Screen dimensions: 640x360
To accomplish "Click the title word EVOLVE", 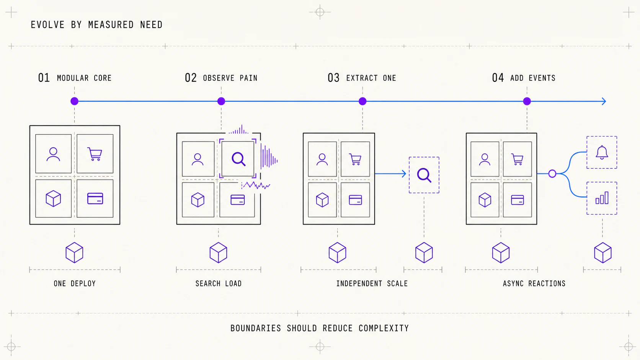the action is [x=47, y=25].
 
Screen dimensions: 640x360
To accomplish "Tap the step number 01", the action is [x=44, y=78].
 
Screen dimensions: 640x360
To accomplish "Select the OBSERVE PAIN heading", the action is [x=230, y=78].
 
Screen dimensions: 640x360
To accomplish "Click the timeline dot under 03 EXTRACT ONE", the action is [x=362, y=101].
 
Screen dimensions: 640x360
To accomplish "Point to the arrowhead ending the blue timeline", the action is [x=604, y=101].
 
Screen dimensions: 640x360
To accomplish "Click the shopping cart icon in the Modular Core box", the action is [x=95, y=154].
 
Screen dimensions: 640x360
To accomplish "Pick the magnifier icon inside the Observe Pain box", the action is [x=238, y=159].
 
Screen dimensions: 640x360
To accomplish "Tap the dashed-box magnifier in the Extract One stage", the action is [x=424, y=175].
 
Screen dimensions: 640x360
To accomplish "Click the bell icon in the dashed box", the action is [x=602, y=152].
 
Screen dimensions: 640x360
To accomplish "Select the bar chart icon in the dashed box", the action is [x=602, y=198].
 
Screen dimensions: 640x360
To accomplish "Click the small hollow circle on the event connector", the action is [x=552, y=174].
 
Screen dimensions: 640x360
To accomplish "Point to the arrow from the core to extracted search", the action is [x=390, y=174].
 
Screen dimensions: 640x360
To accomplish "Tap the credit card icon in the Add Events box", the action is [x=517, y=200].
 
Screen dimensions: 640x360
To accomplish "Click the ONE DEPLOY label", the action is [x=75, y=283].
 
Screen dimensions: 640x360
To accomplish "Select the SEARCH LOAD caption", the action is [x=219, y=283].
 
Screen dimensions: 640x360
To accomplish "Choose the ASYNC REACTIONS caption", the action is [x=534, y=283].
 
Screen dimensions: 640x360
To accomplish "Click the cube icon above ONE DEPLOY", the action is [x=74, y=252].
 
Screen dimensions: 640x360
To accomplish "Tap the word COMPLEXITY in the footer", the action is [x=384, y=328].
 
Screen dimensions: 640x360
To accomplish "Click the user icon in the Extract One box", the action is [x=322, y=159].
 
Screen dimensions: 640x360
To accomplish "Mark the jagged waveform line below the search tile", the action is [x=256, y=186].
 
